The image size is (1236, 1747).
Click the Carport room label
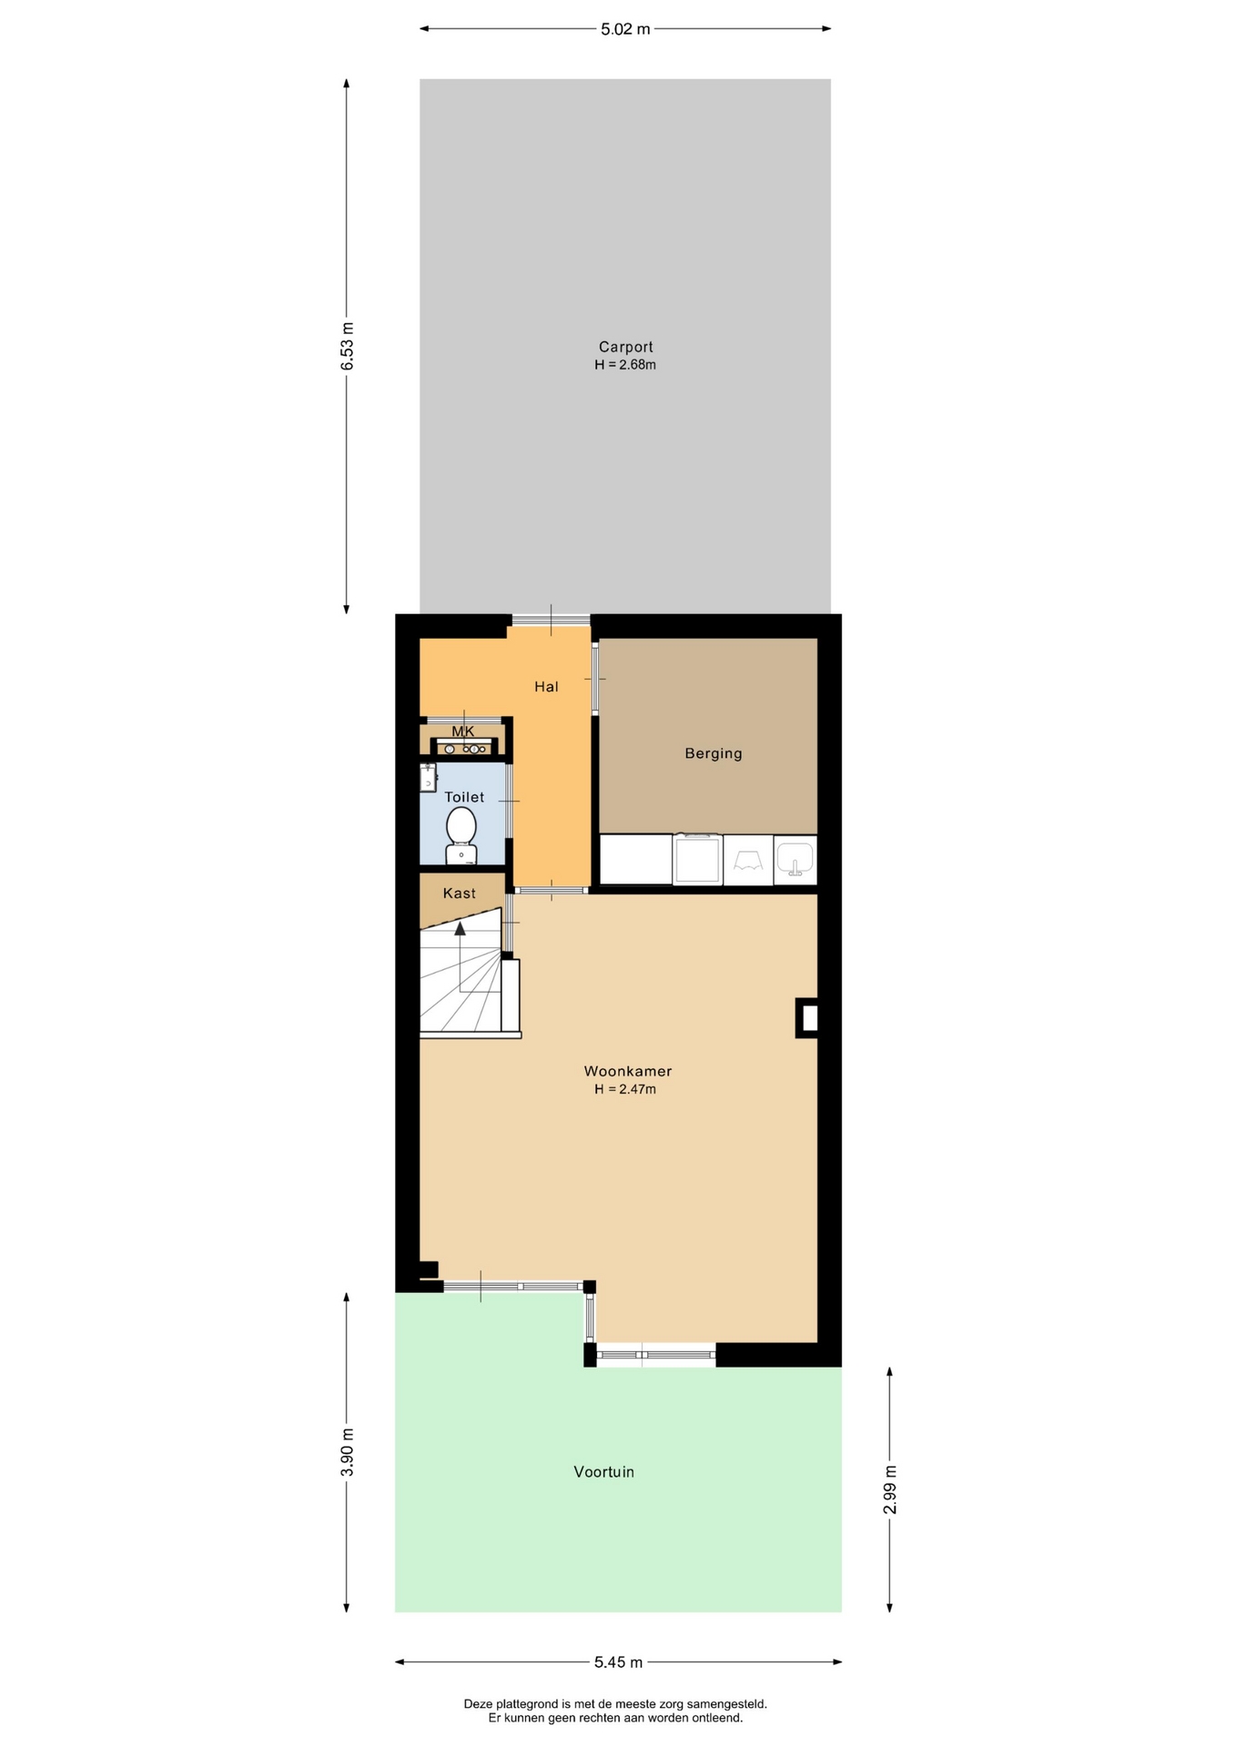pos(625,347)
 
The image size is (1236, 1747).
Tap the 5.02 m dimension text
pos(625,29)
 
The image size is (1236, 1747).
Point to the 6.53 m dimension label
pos(347,346)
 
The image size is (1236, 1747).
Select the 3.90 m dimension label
pos(347,1452)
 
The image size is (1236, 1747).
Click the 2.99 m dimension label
pos(890,1489)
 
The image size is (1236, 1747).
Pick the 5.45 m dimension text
pos(619,1662)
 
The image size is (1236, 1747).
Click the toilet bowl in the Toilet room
pos(461,833)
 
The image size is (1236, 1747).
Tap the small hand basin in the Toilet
pos(428,777)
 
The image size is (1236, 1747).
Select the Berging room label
pos(714,753)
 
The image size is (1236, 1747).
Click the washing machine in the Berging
pos(697,859)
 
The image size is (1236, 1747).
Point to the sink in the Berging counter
pos(795,860)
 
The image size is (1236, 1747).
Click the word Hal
pos(546,687)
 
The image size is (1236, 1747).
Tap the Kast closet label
pos(460,894)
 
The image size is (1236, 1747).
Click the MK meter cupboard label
pos(463,732)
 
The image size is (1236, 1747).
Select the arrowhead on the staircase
pos(460,928)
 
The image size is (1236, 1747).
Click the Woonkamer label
pos(628,1071)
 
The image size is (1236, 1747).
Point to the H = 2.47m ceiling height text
pos(625,1089)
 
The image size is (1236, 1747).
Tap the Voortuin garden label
pos(604,1471)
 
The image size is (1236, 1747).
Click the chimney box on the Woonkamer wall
pos(806,1018)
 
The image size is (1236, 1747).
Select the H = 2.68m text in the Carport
pos(625,365)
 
